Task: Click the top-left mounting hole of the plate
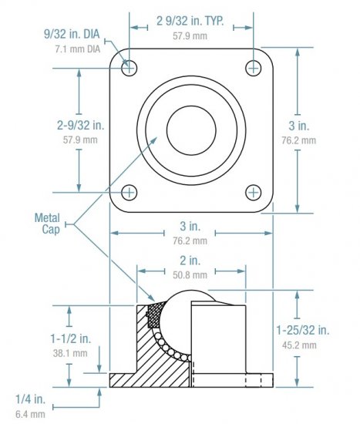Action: pyautogui.click(x=129, y=68)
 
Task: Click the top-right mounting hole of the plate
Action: pyautogui.click(x=254, y=68)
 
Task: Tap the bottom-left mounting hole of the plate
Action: pyautogui.click(x=129, y=192)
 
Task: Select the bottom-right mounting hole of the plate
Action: pyautogui.click(x=254, y=192)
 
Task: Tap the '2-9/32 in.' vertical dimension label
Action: pyautogui.click(x=79, y=123)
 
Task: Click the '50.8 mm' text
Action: pyautogui.click(x=189, y=274)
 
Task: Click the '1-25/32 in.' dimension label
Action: pyautogui.click(x=302, y=331)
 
